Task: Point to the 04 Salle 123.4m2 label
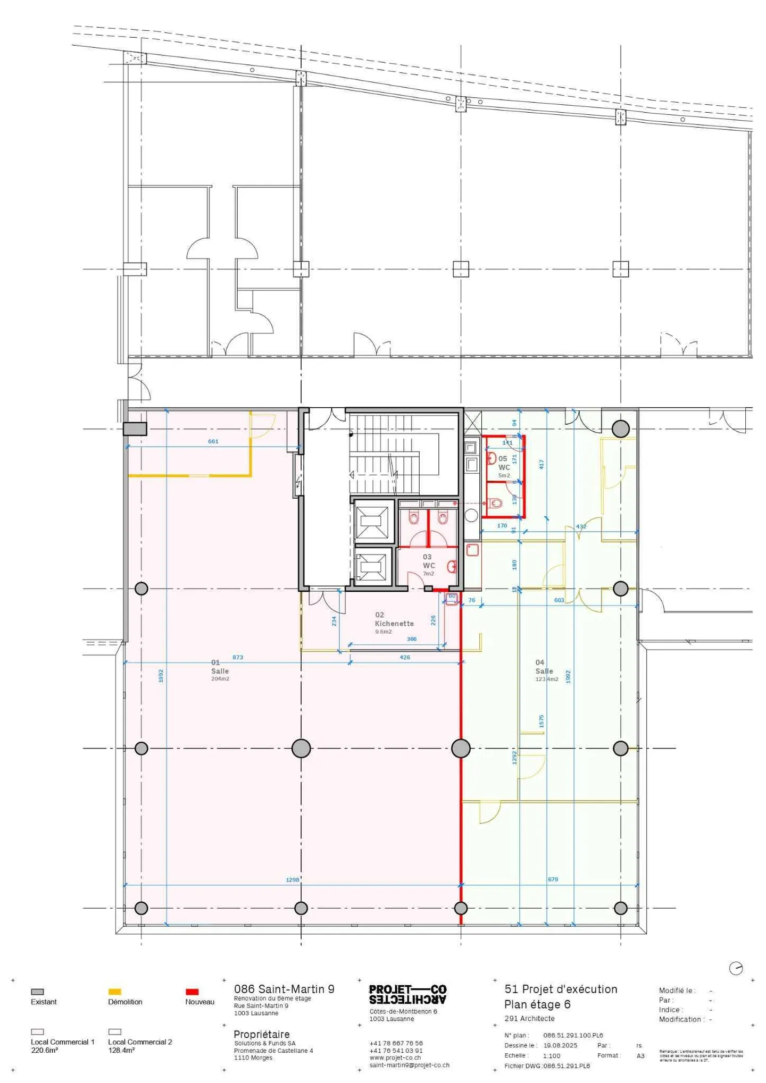(546, 670)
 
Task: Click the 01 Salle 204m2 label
(219, 670)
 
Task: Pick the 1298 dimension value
(292, 879)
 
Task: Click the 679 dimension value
(553, 879)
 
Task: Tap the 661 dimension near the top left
(213, 441)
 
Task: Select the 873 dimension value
(237, 657)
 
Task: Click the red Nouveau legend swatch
(191, 992)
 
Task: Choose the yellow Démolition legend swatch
(114, 992)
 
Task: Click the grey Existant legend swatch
(37, 992)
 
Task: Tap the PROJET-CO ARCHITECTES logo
(407, 994)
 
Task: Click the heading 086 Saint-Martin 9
(284, 989)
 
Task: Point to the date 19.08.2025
(560, 1045)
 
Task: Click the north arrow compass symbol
(735, 968)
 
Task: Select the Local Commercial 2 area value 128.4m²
(121, 1050)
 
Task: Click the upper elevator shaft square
(374, 520)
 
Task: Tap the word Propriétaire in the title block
(261, 1034)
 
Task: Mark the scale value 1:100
(551, 1055)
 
